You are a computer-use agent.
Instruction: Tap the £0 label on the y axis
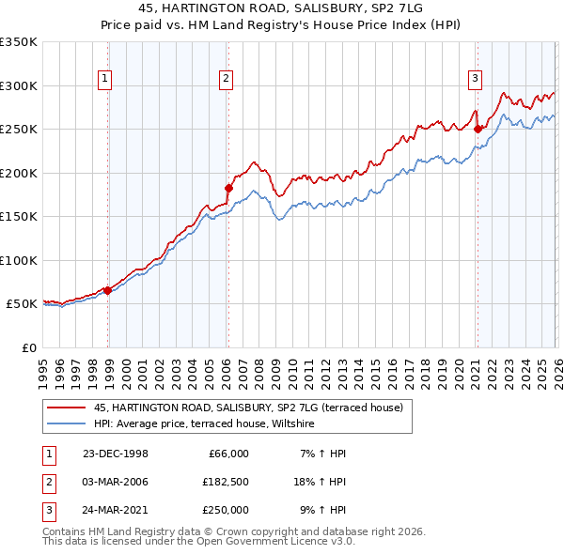[28, 347]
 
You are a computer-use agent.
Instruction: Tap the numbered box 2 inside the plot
[227, 79]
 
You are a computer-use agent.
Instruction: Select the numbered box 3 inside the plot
[476, 79]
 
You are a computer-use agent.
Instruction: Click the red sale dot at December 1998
[108, 290]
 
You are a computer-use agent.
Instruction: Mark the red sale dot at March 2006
[228, 188]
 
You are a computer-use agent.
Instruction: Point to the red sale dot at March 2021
[478, 129]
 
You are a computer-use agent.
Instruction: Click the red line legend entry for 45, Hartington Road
[248, 408]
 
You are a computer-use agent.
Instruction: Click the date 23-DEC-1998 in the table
[115, 454]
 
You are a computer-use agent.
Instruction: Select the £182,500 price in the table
[225, 482]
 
